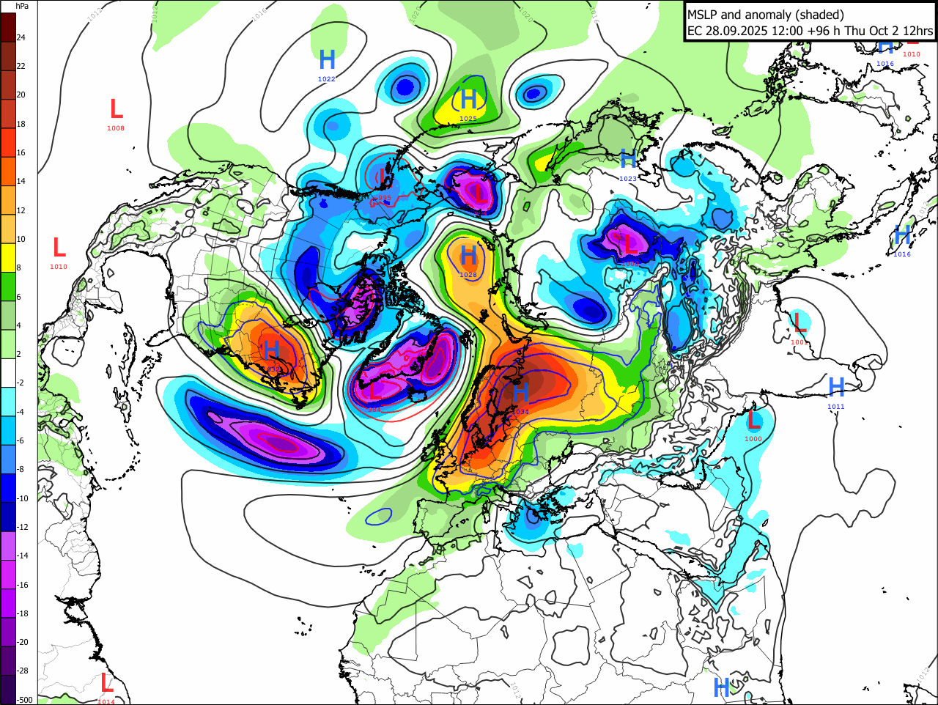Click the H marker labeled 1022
pos(327,60)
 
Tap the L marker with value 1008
pos(116,110)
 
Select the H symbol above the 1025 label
pos(468,99)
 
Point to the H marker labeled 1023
pos(628,159)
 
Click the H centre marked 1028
pos(468,256)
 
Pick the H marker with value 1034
pos(520,393)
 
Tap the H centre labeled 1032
pos(272,350)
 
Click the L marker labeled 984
pos(375,391)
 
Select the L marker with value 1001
pos(799,322)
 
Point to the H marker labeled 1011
pos(836,387)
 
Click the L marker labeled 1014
pos(107,684)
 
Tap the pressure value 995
pos(383,198)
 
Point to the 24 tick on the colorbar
pos(21,37)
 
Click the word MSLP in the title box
pos(702,15)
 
